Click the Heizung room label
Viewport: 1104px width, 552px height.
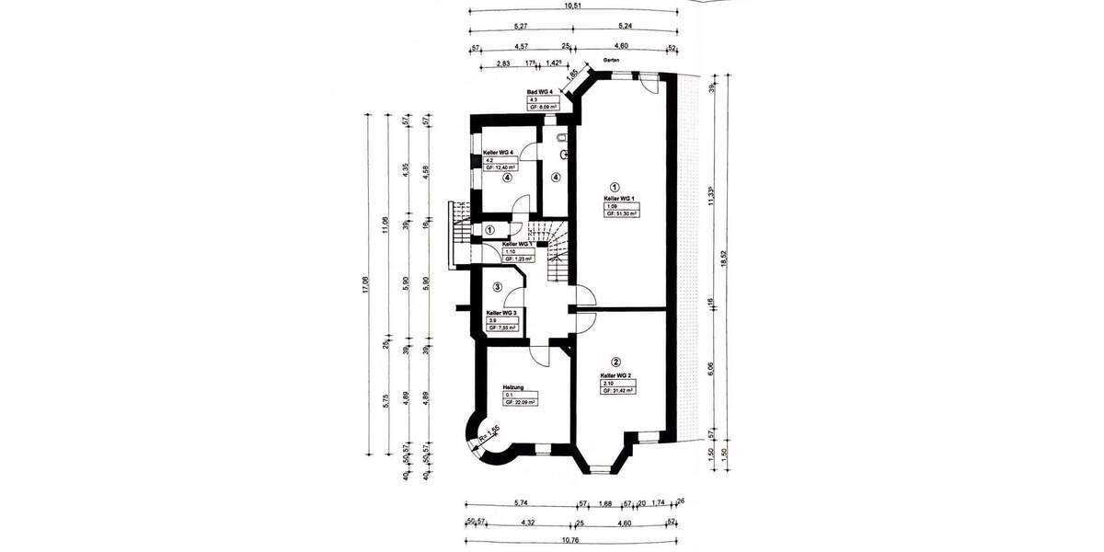pyautogui.click(x=513, y=386)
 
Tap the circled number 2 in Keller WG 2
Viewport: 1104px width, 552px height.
pyautogui.click(x=615, y=362)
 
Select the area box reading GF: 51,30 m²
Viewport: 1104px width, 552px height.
pyautogui.click(x=622, y=213)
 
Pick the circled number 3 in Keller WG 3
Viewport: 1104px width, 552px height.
pyautogui.click(x=496, y=288)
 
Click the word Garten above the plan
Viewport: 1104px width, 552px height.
pyautogui.click(x=611, y=61)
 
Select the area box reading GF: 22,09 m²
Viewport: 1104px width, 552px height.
pyautogui.click(x=520, y=402)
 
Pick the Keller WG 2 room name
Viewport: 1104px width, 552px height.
pyautogui.click(x=615, y=375)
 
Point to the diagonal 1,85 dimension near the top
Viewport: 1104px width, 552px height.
pyautogui.click(x=571, y=75)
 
